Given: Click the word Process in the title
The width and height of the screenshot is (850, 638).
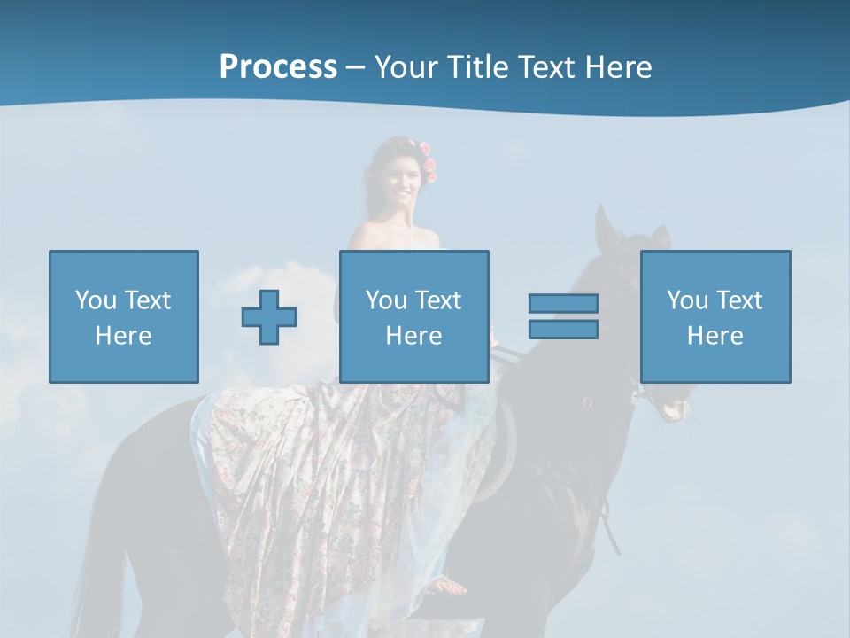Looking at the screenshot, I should click(x=278, y=67).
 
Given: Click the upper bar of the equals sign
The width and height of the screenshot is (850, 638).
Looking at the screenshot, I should click(x=563, y=303).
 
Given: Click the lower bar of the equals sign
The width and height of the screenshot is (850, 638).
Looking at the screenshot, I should click(x=563, y=329).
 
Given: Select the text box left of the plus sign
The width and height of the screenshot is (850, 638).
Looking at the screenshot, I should click(x=124, y=316).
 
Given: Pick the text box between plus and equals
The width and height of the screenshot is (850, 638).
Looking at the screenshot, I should click(x=414, y=316).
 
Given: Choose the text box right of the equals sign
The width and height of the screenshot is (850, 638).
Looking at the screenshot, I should click(x=715, y=316).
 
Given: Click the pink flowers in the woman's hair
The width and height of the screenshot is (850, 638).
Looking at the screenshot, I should click(x=429, y=162).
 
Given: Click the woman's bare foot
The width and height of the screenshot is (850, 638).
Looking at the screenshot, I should click(x=451, y=586).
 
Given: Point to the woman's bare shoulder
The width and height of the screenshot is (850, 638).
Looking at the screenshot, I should click(x=367, y=235).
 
